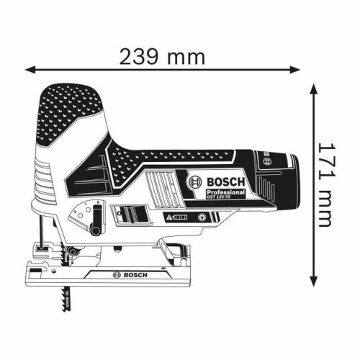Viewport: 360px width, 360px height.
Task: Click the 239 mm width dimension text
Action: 163,56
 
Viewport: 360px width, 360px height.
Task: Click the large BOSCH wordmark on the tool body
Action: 222,182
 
